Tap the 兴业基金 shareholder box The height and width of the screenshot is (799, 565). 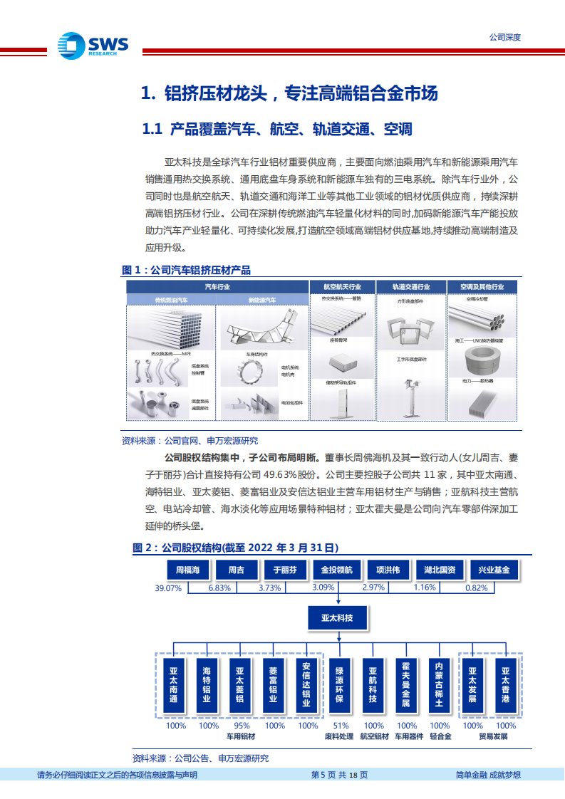[493, 570]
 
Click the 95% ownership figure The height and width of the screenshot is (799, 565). [241, 726]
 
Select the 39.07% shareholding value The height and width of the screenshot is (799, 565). [169, 588]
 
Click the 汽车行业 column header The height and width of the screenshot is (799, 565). [217, 286]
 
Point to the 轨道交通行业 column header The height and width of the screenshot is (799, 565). [411, 286]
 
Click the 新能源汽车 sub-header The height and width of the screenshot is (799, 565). [261, 301]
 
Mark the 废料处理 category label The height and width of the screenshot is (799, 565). [339, 736]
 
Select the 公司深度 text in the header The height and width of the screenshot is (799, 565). [505, 37]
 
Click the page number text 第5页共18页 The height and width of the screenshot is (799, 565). [340, 775]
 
